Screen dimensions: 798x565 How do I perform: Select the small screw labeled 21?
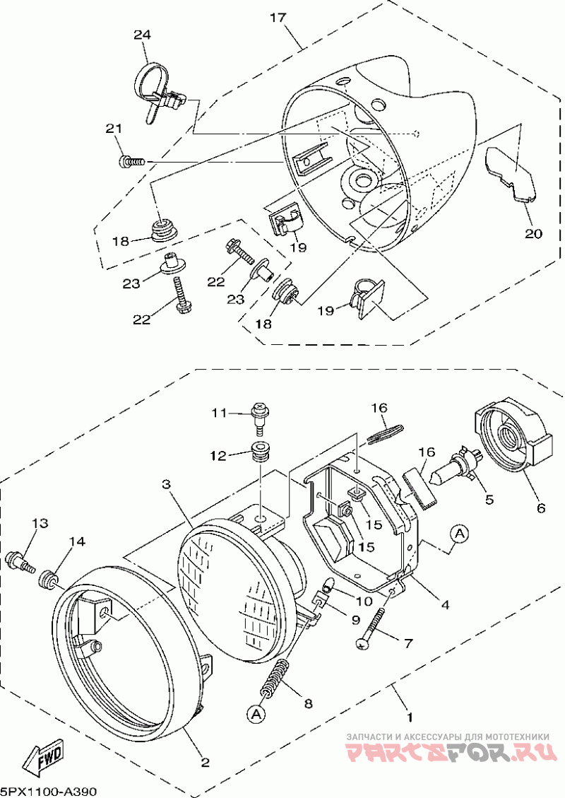click(131, 162)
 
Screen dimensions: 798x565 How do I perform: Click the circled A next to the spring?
click(257, 714)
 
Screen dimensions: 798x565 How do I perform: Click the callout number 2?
click(205, 763)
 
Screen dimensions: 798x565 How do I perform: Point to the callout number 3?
click(165, 484)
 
